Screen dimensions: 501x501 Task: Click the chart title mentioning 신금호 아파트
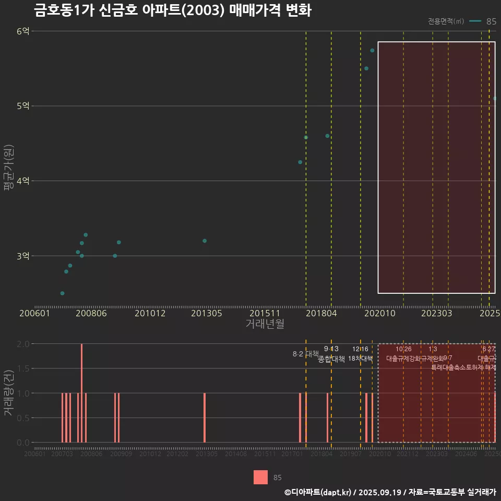172,10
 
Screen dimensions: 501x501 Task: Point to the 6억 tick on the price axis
23,31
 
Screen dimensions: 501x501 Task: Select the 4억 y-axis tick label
23,181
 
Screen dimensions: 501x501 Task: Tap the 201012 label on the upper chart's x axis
150,314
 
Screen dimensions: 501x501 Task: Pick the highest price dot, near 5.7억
372,51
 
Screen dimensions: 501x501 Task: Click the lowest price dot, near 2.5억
62,293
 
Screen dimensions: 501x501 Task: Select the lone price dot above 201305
205,241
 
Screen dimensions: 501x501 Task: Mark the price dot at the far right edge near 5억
495,98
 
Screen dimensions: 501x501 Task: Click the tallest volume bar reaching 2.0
82,392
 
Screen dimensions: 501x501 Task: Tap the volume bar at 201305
205,417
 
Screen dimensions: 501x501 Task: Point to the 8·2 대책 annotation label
305,354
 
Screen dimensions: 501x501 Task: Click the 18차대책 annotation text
360,359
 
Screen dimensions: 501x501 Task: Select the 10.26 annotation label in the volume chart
403,349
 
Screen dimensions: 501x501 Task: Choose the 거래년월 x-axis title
265,324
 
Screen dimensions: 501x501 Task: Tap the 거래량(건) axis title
8,393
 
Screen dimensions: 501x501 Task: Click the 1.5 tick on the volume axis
23,368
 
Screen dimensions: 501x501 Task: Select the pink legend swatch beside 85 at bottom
260,477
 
